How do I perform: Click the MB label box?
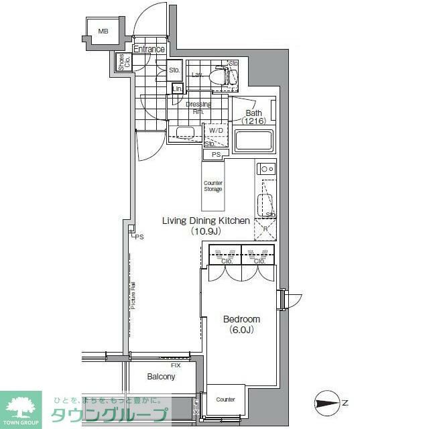(103, 32)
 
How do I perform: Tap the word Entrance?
(149, 49)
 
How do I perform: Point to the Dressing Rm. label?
(198, 108)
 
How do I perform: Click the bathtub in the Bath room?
(253, 141)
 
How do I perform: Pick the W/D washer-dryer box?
(215, 131)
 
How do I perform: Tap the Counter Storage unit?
(213, 186)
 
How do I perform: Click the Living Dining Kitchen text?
(206, 221)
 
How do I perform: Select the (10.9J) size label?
(206, 231)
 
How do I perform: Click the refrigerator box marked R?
(265, 229)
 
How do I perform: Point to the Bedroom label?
(241, 319)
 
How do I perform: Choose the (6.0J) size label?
(241, 330)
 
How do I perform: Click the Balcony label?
(161, 377)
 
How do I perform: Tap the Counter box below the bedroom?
(226, 400)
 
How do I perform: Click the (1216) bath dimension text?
(255, 121)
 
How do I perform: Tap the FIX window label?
(176, 365)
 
